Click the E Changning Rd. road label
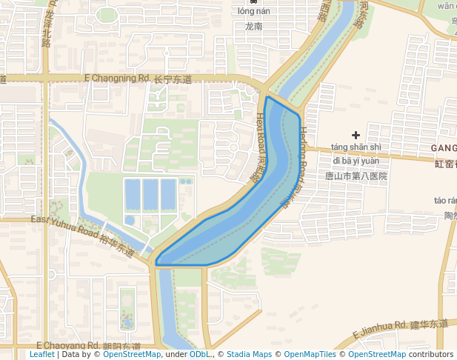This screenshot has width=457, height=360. pos(118,78)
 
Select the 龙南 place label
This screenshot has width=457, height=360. pos(253,26)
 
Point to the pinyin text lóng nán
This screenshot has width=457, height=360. pos(254,11)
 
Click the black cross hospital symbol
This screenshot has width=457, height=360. pos(356,135)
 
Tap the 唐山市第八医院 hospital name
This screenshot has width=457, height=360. pos(356,176)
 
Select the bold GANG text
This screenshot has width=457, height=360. pos(443,148)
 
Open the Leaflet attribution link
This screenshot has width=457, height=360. pos(41,355)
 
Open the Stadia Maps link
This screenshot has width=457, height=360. pos(249,355)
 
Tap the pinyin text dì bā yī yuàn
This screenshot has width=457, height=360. pos(356,161)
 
